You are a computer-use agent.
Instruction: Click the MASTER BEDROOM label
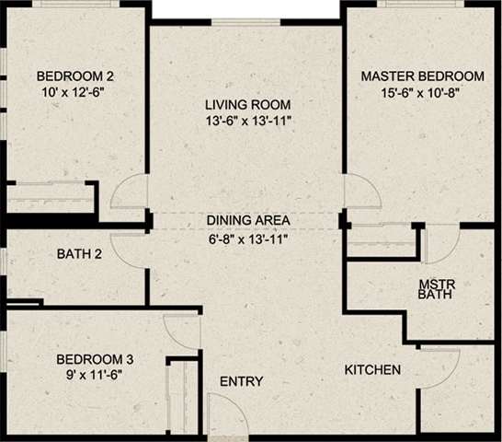pos(422,76)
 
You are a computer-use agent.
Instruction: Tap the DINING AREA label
pos(248,221)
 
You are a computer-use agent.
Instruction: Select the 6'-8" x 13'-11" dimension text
pos(248,238)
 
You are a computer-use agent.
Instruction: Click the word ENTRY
pos(242,382)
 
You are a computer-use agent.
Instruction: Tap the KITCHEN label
pos(372,371)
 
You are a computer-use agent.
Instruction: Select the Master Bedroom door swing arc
pos(363,192)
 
